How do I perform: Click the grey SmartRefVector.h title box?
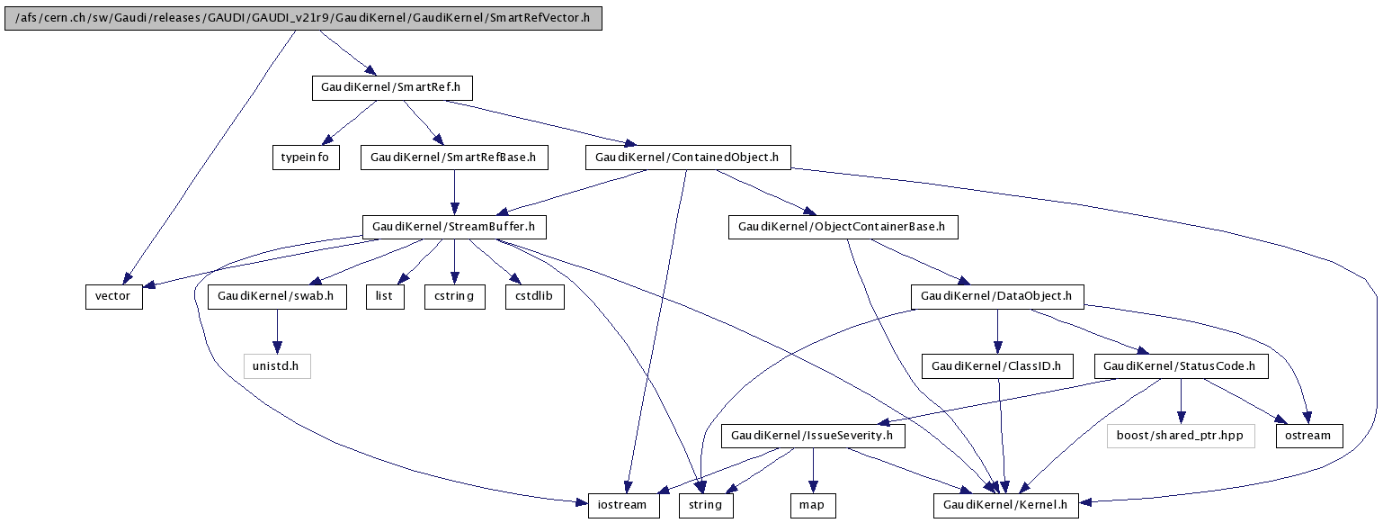click(303, 18)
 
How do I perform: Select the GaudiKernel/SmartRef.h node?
click(392, 88)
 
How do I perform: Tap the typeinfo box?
click(306, 158)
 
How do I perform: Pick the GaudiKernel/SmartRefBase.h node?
click(454, 158)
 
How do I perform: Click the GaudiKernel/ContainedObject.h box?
click(688, 158)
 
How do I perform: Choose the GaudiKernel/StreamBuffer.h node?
click(454, 227)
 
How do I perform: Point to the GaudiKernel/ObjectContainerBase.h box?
click(843, 227)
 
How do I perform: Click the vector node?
click(113, 297)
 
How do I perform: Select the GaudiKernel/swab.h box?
click(277, 297)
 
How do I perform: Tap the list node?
click(385, 297)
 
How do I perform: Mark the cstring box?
click(454, 297)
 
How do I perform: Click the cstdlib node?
click(535, 297)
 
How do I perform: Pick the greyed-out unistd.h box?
click(277, 366)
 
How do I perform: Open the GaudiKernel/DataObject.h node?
click(997, 297)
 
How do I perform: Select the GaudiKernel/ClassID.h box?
click(997, 366)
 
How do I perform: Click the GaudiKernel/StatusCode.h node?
click(1181, 366)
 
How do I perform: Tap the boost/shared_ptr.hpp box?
click(1181, 436)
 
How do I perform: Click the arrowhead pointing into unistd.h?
click(277, 347)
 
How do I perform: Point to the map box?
click(813, 506)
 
